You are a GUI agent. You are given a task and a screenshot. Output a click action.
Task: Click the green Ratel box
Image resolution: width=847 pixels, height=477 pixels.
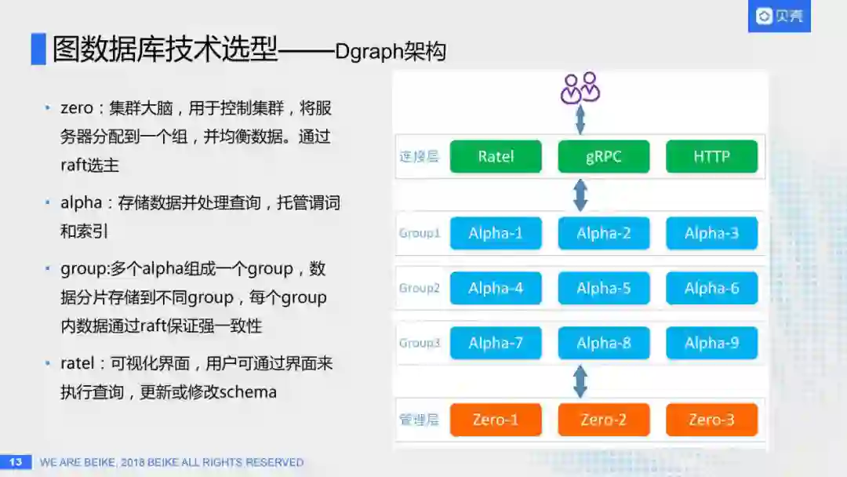[496, 156]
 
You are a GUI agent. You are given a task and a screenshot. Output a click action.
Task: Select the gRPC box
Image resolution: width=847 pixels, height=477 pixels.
[603, 156]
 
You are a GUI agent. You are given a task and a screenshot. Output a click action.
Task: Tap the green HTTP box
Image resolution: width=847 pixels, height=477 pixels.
[711, 156]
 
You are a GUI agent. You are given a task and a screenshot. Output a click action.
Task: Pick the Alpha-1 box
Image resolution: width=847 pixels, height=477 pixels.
[496, 233]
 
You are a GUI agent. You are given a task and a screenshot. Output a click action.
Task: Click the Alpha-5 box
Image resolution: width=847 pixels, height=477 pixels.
[603, 288]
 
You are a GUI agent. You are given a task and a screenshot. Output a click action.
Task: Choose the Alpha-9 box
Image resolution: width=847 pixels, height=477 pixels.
[711, 343]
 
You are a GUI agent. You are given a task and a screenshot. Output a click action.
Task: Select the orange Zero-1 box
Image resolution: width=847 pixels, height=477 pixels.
[496, 420]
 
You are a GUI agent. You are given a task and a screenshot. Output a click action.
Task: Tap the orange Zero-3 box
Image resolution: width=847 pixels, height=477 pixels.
[711, 420]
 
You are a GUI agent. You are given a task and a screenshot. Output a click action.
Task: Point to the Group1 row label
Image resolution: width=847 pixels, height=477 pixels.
[420, 233]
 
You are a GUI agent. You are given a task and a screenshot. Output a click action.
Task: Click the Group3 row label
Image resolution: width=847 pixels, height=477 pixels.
[420, 343]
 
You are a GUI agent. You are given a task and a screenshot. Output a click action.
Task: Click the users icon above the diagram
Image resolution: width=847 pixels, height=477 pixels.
[580, 88]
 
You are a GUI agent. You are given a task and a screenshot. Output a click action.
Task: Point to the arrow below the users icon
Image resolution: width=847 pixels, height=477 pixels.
[580, 118]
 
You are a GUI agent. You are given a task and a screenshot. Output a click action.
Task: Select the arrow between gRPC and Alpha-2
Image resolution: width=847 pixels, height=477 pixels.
[580, 195]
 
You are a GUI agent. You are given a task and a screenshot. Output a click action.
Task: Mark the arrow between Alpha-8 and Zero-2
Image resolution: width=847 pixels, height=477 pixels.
[580, 381]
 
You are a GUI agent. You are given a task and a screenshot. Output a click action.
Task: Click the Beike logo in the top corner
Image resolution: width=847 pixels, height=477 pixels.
[779, 16]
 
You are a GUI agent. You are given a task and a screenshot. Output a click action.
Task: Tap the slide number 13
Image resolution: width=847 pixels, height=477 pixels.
[15, 462]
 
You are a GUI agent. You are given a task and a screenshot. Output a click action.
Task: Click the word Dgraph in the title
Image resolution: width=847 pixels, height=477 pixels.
[369, 52]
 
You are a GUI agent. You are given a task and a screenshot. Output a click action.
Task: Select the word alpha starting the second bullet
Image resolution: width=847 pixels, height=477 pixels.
[81, 202]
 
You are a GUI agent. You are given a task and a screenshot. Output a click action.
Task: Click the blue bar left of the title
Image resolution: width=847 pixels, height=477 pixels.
[38, 49]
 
